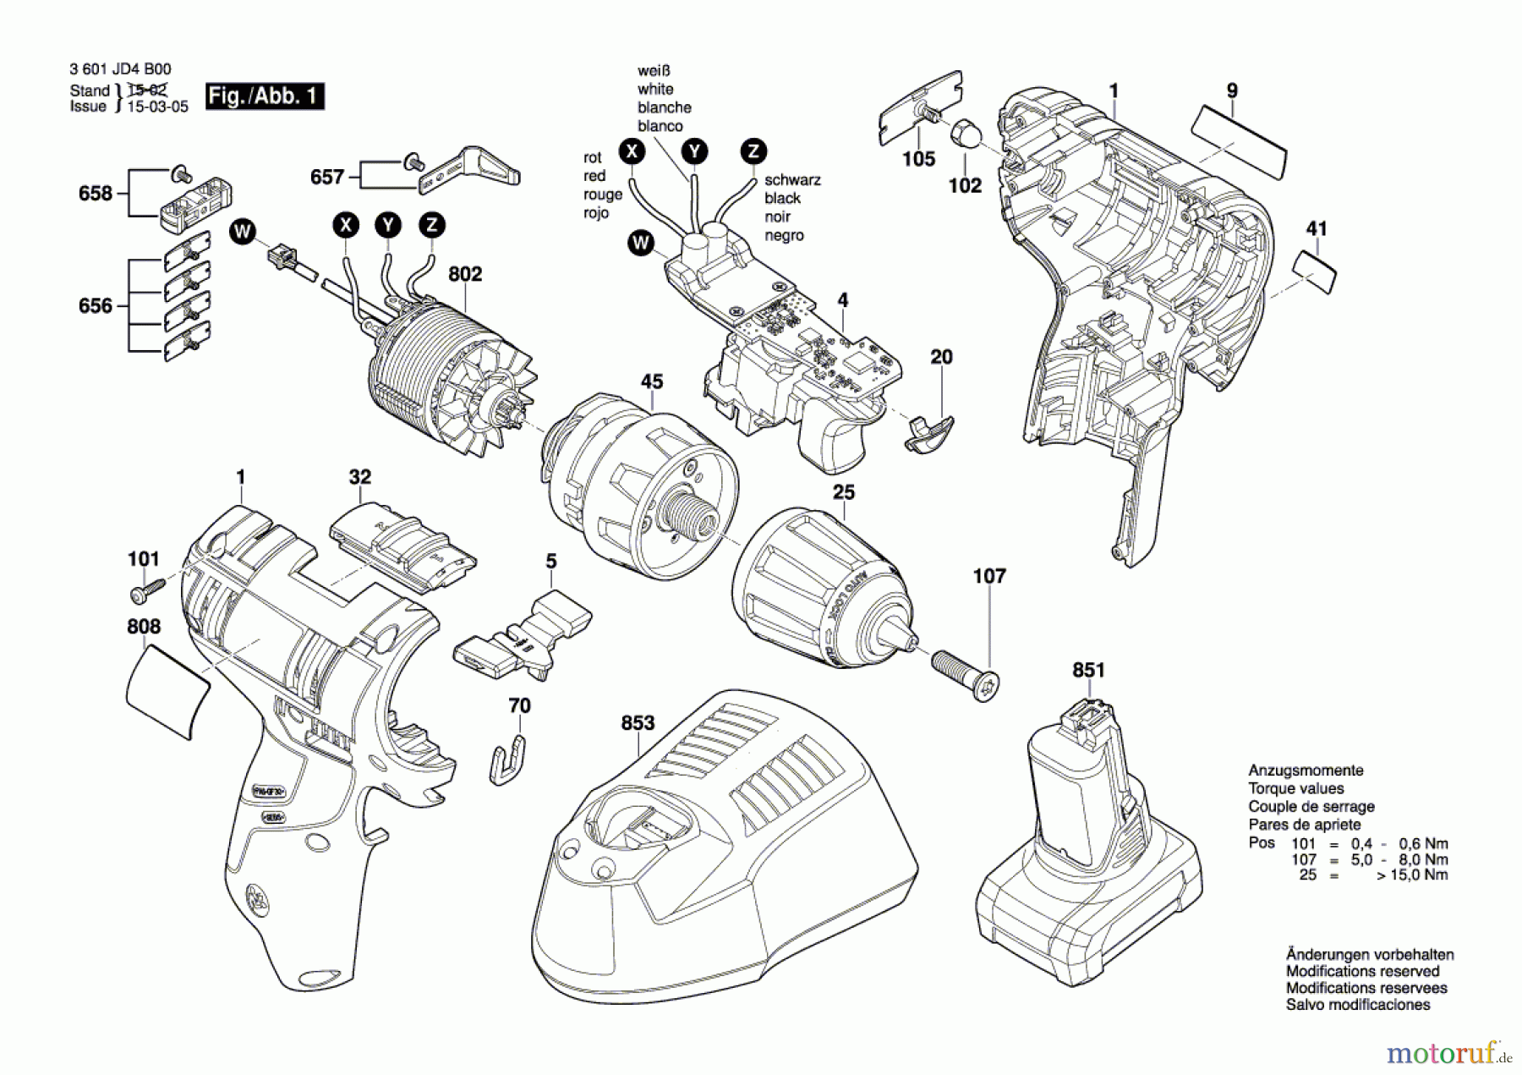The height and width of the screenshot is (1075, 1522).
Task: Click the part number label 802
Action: tap(464, 274)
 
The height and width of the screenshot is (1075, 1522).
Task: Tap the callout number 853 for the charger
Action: tap(638, 723)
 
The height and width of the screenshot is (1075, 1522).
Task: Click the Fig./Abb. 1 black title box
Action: tap(265, 96)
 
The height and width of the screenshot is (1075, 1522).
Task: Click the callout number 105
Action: tap(918, 159)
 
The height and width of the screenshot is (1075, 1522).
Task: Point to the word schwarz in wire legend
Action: tap(792, 180)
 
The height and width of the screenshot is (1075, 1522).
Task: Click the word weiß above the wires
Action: tap(654, 71)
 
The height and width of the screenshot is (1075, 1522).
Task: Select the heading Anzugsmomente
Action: tap(1306, 771)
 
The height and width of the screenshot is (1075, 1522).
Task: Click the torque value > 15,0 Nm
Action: tap(1411, 875)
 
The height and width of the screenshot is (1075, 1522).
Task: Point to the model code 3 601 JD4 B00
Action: tap(120, 69)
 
